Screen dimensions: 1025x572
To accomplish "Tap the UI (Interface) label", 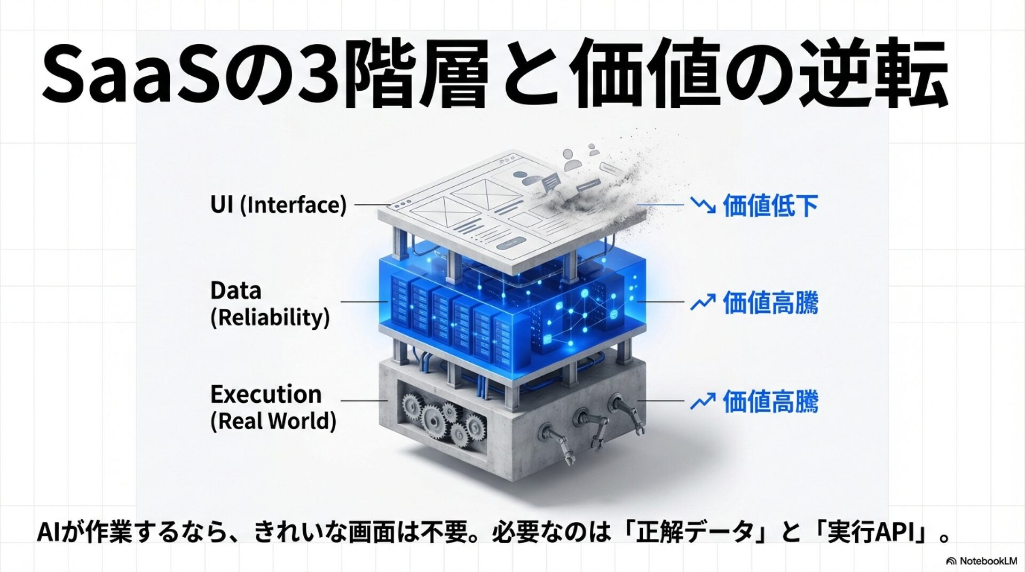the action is pos(278,205).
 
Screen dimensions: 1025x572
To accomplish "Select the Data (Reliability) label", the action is pos(270,304).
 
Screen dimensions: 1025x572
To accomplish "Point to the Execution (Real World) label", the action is pos(273,407).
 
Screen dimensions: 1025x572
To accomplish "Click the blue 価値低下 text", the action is pos(770,205).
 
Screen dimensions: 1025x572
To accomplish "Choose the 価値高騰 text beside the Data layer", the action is pos(770,303).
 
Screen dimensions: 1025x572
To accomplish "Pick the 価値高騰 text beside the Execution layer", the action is pos(770,401).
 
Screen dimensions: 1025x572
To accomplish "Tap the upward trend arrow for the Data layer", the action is pos(703,303).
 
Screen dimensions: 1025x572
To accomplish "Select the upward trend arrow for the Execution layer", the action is pos(703,401).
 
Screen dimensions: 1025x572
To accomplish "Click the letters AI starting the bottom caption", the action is pos(48,533).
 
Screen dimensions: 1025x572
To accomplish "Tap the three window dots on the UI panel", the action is pos(402,204).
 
